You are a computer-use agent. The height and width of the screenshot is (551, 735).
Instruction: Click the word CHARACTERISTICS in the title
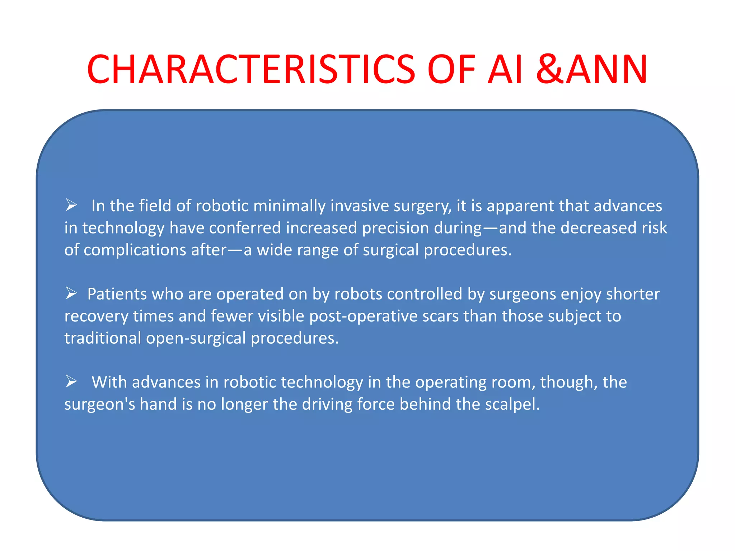pyautogui.click(x=251, y=69)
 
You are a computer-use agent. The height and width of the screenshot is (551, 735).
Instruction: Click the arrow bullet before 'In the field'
pyautogui.click(x=71, y=205)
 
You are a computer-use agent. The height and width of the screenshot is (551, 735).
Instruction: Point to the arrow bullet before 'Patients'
pyautogui.click(x=71, y=293)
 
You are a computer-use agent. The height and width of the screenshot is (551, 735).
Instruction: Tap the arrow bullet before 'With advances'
pyautogui.click(x=71, y=381)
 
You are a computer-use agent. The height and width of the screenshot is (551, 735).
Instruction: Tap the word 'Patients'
pyautogui.click(x=117, y=294)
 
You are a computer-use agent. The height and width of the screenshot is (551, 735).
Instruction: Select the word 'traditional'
pyautogui.click(x=103, y=338)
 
